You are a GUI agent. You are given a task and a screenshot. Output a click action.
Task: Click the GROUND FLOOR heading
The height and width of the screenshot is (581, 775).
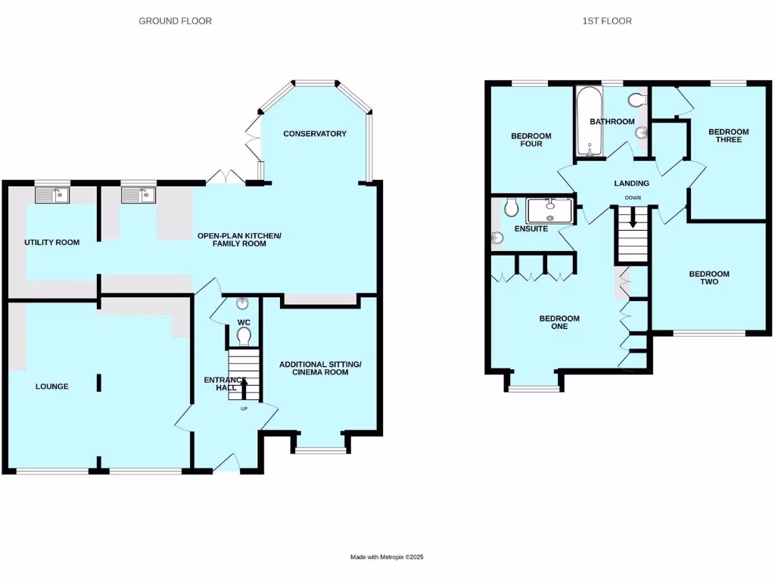pos(175,21)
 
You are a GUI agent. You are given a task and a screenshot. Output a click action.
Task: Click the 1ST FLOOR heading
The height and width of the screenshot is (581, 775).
pos(607,21)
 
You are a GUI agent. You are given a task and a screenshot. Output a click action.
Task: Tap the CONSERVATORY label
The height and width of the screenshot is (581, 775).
pos(315,134)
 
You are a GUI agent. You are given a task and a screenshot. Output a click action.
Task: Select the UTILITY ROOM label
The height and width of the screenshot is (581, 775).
pos(52,242)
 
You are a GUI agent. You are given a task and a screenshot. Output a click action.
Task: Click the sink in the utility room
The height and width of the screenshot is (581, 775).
pos(52,195)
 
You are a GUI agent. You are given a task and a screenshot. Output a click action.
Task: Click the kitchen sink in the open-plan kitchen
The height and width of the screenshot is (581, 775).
pos(139,195)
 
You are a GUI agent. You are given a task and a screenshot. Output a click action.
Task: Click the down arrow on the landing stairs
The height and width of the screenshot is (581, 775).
pos(633,220)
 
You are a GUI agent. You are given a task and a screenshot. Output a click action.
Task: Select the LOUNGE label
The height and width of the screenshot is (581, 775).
pos(52,387)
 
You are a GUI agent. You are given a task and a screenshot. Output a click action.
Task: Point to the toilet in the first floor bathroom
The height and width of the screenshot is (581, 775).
pos(636,100)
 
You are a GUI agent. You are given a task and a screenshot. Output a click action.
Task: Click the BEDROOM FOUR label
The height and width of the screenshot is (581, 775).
pos(531,140)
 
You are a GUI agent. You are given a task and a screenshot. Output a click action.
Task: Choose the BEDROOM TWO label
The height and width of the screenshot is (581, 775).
pos(709,278)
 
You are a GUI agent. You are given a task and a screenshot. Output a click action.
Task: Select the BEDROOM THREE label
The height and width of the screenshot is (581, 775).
pos(728,135)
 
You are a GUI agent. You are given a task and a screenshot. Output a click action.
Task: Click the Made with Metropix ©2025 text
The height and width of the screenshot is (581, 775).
pos(387,557)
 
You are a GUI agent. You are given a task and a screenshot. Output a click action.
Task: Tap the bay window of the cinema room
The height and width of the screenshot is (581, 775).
pos(319,452)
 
